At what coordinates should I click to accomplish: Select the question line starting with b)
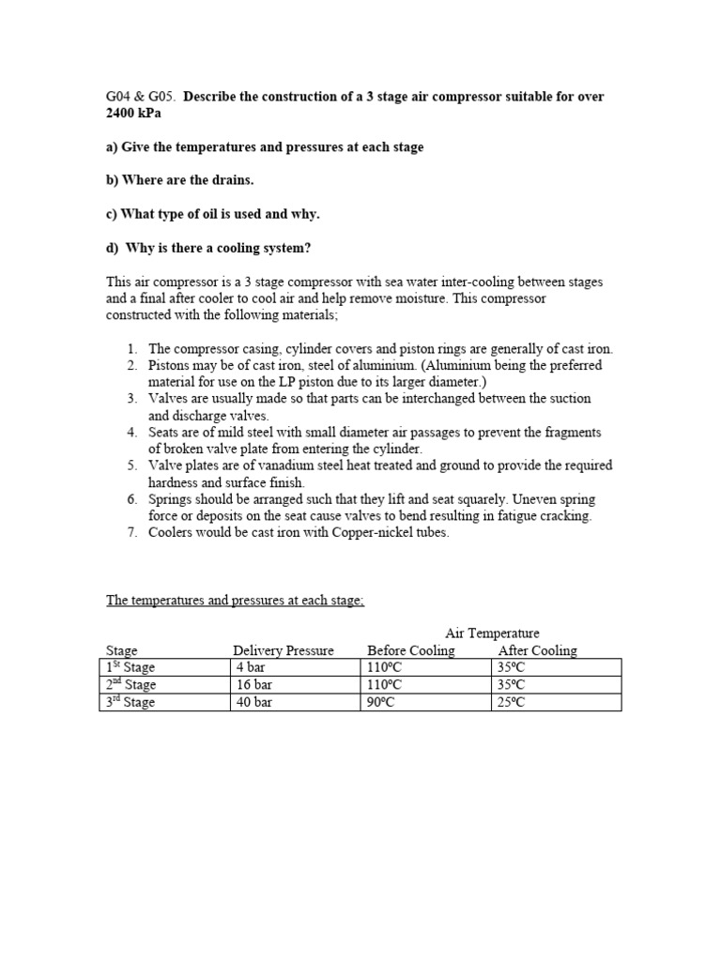(x=182, y=180)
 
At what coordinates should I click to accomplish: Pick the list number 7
(x=132, y=532)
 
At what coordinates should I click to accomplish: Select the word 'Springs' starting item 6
(x=170, y=498)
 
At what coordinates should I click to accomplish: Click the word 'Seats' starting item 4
(x=164, y=432)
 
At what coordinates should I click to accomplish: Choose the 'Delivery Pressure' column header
(x=284, y=650)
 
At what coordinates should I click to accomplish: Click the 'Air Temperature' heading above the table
(x=492, y=633)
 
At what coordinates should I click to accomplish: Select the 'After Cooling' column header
(x=537, y=650)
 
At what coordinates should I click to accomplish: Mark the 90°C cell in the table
(x=386, y=702)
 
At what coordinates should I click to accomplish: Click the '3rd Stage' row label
(x=130, y=702)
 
